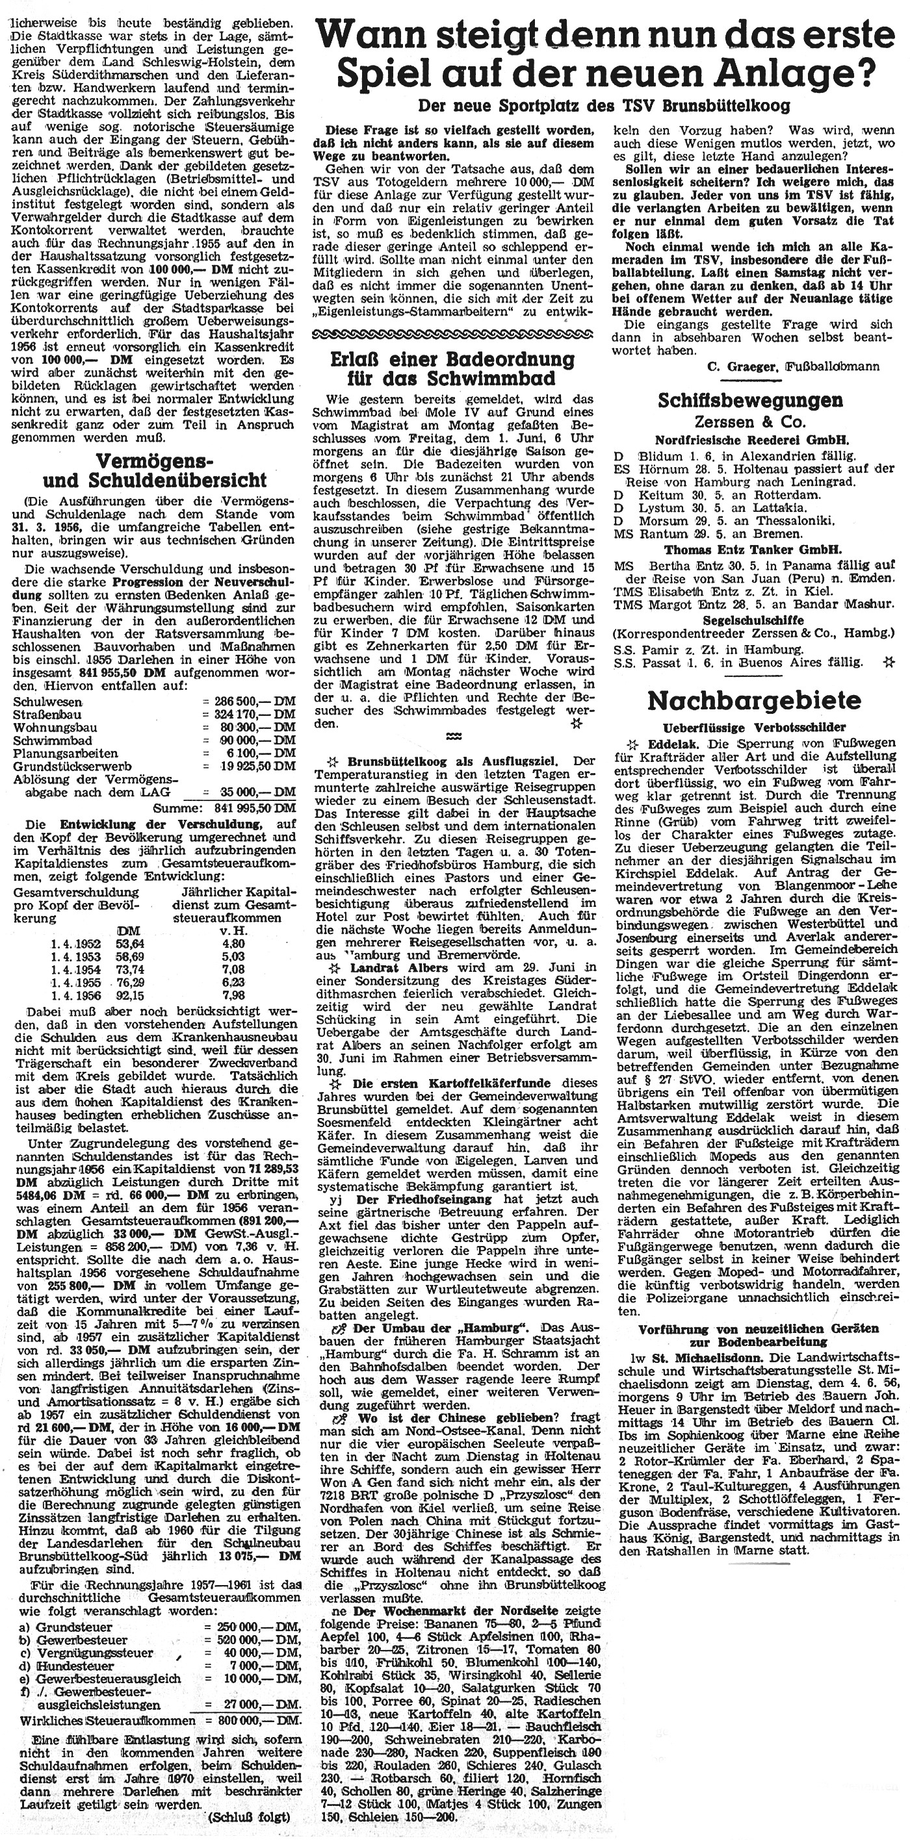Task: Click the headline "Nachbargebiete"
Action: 753,700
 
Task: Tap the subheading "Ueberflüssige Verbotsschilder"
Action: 754,728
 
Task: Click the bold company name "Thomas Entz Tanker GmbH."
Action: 753,550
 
